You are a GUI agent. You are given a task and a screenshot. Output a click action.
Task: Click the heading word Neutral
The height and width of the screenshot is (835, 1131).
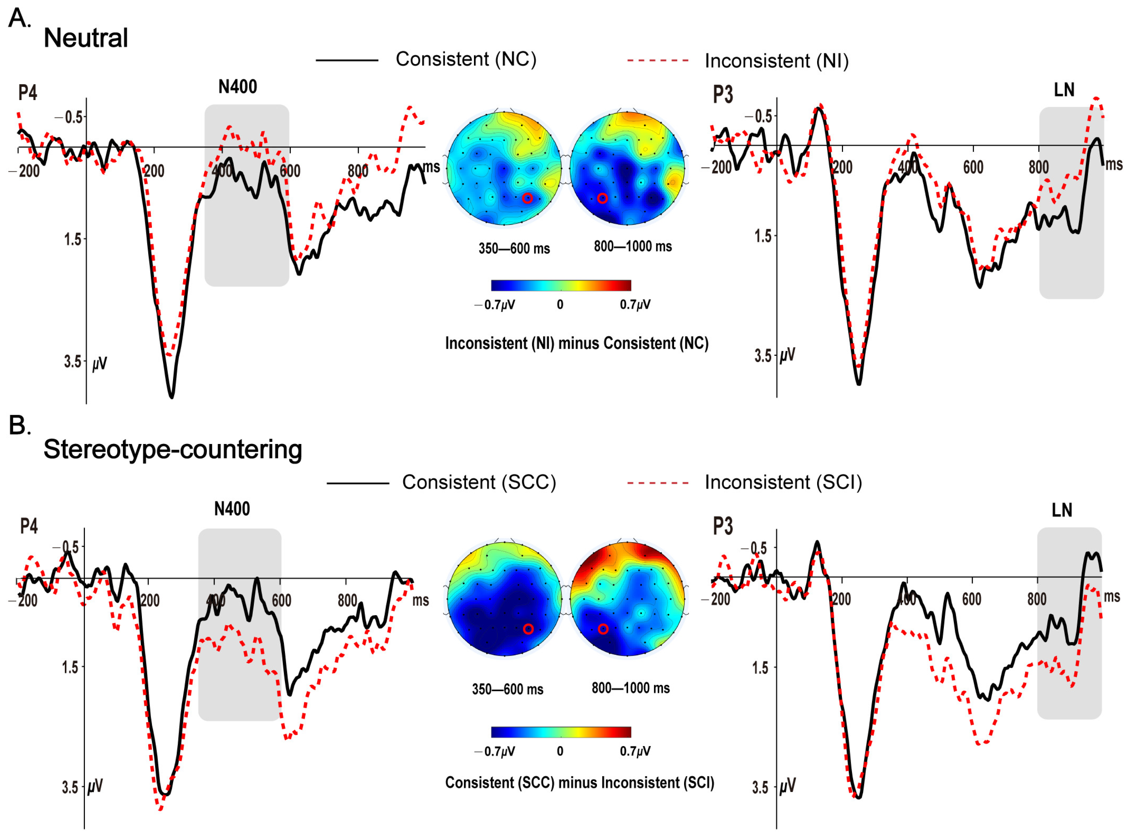[x=86, y=38]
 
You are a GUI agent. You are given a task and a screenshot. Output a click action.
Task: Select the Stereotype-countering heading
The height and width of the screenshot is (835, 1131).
[x=173, y=449]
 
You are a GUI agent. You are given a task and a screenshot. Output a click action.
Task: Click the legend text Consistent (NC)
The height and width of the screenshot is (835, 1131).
[x=465, y=59]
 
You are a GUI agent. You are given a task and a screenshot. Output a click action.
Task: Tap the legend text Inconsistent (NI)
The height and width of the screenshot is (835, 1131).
[x=776, y=61]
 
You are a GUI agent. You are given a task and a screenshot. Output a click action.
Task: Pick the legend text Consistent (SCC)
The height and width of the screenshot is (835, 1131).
[x=478, y=482]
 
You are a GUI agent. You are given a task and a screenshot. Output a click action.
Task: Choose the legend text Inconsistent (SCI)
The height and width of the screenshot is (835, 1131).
[x=783, y=482]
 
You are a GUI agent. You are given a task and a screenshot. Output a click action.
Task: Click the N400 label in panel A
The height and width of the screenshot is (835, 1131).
[x=238, y=87]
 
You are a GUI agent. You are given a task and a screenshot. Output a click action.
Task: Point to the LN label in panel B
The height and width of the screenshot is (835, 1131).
[x=1061, y=510]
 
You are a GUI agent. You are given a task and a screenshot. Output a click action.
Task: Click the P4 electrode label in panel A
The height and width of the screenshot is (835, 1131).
[x=27, y=93]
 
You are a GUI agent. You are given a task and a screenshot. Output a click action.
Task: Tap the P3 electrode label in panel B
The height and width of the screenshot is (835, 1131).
[x=722, y=526]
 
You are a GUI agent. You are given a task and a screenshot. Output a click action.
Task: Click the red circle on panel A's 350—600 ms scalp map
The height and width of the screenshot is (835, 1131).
[x=527, y=198]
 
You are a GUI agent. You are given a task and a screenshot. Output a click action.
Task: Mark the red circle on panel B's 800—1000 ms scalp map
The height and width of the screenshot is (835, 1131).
[x=603, y=629]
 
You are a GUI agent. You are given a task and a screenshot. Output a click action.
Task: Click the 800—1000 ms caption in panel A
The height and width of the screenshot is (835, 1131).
[x=633, y=247]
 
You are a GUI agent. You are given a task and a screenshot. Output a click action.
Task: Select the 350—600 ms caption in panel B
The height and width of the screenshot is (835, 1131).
[x=507, y=689]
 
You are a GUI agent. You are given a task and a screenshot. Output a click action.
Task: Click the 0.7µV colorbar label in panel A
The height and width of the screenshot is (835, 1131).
[x=635, y=305]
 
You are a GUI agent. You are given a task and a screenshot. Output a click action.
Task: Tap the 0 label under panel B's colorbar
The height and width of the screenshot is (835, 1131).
[x=560, y=751]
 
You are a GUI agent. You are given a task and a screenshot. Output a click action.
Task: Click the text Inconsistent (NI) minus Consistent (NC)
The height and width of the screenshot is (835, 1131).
[x=577, y=344]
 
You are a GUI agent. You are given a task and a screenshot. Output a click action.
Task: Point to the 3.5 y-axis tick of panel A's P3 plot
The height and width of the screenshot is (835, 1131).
[x=763, y=356]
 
